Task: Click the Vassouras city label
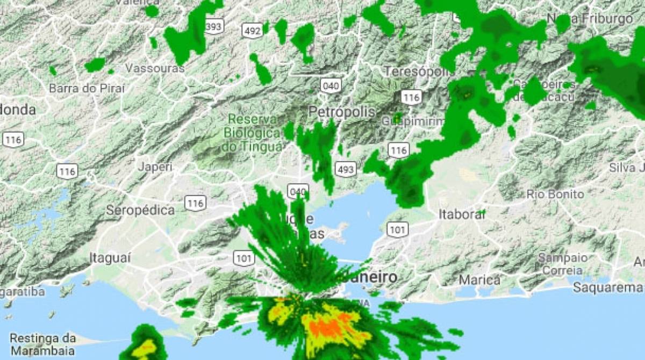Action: click(x=155, y=69)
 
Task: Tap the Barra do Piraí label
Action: click(x=87, y=89)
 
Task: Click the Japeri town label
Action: click(x=155, y=167)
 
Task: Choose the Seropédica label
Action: click(x=140, y=210)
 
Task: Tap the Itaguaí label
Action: click(x=110, y=258)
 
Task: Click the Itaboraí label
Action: click(x=462, y=214)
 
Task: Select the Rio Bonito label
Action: click(x=555, y=194)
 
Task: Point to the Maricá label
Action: click(x=479, y=280)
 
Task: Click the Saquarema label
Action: click(x=607, y=287)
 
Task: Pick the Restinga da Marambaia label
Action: click(x=43, y=344)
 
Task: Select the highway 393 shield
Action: click(x=214, y=27)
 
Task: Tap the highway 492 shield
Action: click(x=252, y=31)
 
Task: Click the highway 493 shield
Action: click(x=345, y=170)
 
